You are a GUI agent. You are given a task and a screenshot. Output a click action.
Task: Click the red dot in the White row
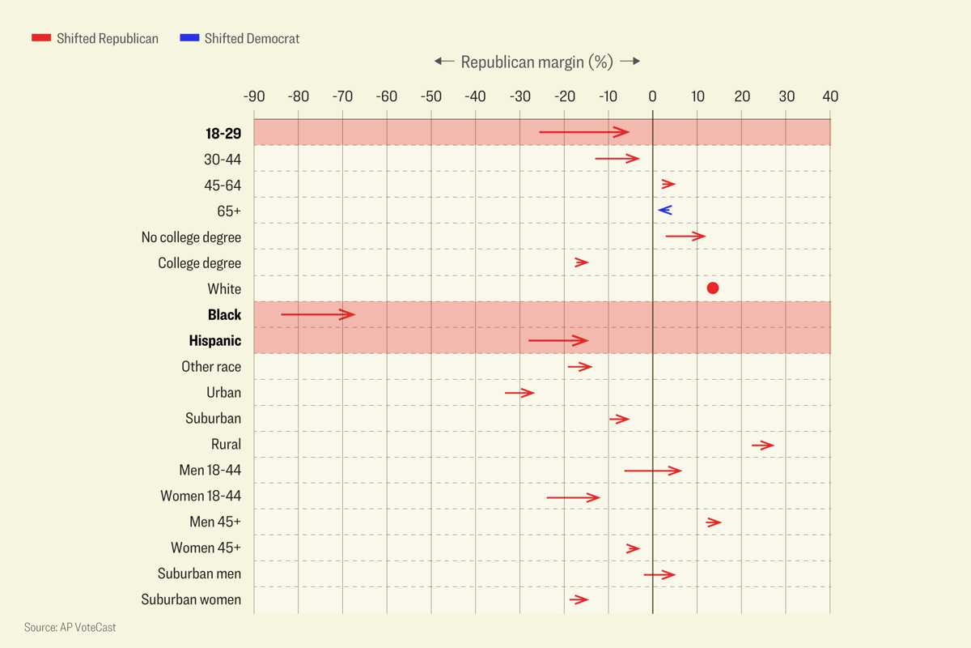[x=712, y=288]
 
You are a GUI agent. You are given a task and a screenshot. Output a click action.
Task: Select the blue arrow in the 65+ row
[x=665, y=211]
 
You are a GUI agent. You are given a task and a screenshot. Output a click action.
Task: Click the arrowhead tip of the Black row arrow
[x=354, y=314]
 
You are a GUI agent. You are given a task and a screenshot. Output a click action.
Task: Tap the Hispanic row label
[x=215, y=341]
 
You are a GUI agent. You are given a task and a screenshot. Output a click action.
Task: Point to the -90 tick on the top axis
[x=254, y=96]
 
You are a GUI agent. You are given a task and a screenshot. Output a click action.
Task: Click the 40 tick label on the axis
[x=830, y=96]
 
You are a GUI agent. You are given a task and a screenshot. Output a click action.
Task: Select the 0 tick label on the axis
[x=652, y=96]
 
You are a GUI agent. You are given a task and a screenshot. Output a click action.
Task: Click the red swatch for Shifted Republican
[x=41, y=38]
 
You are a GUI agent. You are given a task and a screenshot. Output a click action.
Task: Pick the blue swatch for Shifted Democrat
[x=189, y=38]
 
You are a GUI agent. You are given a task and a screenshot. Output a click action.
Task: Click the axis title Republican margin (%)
[x=536, y=62]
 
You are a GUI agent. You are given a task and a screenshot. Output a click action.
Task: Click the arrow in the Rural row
[x=762, y=445]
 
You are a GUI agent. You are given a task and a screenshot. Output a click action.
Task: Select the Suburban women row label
[x=191, y=600]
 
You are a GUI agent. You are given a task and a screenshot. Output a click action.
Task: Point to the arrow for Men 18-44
[x=652, y=471]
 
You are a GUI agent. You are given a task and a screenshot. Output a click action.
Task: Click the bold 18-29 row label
[x=223, y=134]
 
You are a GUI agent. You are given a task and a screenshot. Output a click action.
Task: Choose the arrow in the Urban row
[x=519, y=393]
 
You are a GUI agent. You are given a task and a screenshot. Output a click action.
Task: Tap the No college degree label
[x=191, y=237]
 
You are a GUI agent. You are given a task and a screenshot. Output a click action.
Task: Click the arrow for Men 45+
[x=713, y=522]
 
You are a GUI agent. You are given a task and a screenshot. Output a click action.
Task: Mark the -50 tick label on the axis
[x=431, y=96]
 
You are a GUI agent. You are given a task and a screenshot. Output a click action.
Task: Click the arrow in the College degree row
[x=581, y=262]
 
